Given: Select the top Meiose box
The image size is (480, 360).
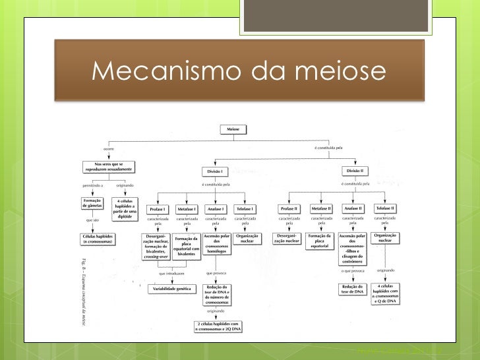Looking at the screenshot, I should (233, 131).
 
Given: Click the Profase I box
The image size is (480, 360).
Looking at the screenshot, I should (158, 208).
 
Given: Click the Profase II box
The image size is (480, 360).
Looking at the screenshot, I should (291, 208).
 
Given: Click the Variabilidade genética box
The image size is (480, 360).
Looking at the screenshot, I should (171, 289).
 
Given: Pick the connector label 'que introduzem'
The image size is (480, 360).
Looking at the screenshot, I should (171, 272).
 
